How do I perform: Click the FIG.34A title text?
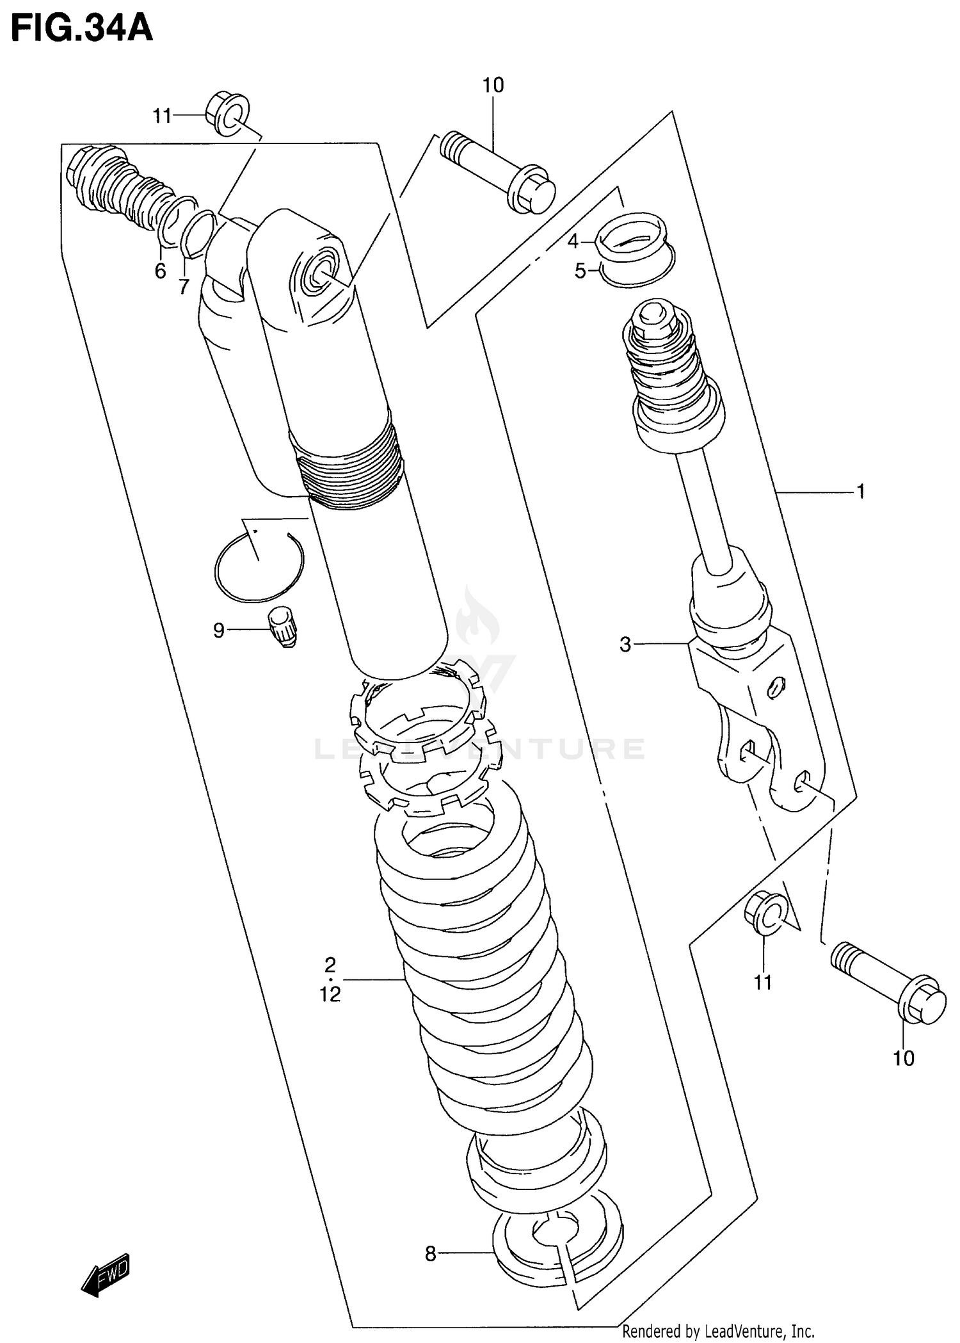82,29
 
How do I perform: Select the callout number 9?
219,631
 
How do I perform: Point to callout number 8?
430,1254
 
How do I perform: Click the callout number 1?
861,491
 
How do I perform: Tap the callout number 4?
573,241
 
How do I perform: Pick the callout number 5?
580,271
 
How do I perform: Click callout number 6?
160,271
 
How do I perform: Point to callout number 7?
184,287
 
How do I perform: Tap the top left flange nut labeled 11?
227,115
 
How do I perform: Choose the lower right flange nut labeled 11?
765,913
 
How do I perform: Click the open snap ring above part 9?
259,568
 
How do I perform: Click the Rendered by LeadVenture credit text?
717,1332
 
